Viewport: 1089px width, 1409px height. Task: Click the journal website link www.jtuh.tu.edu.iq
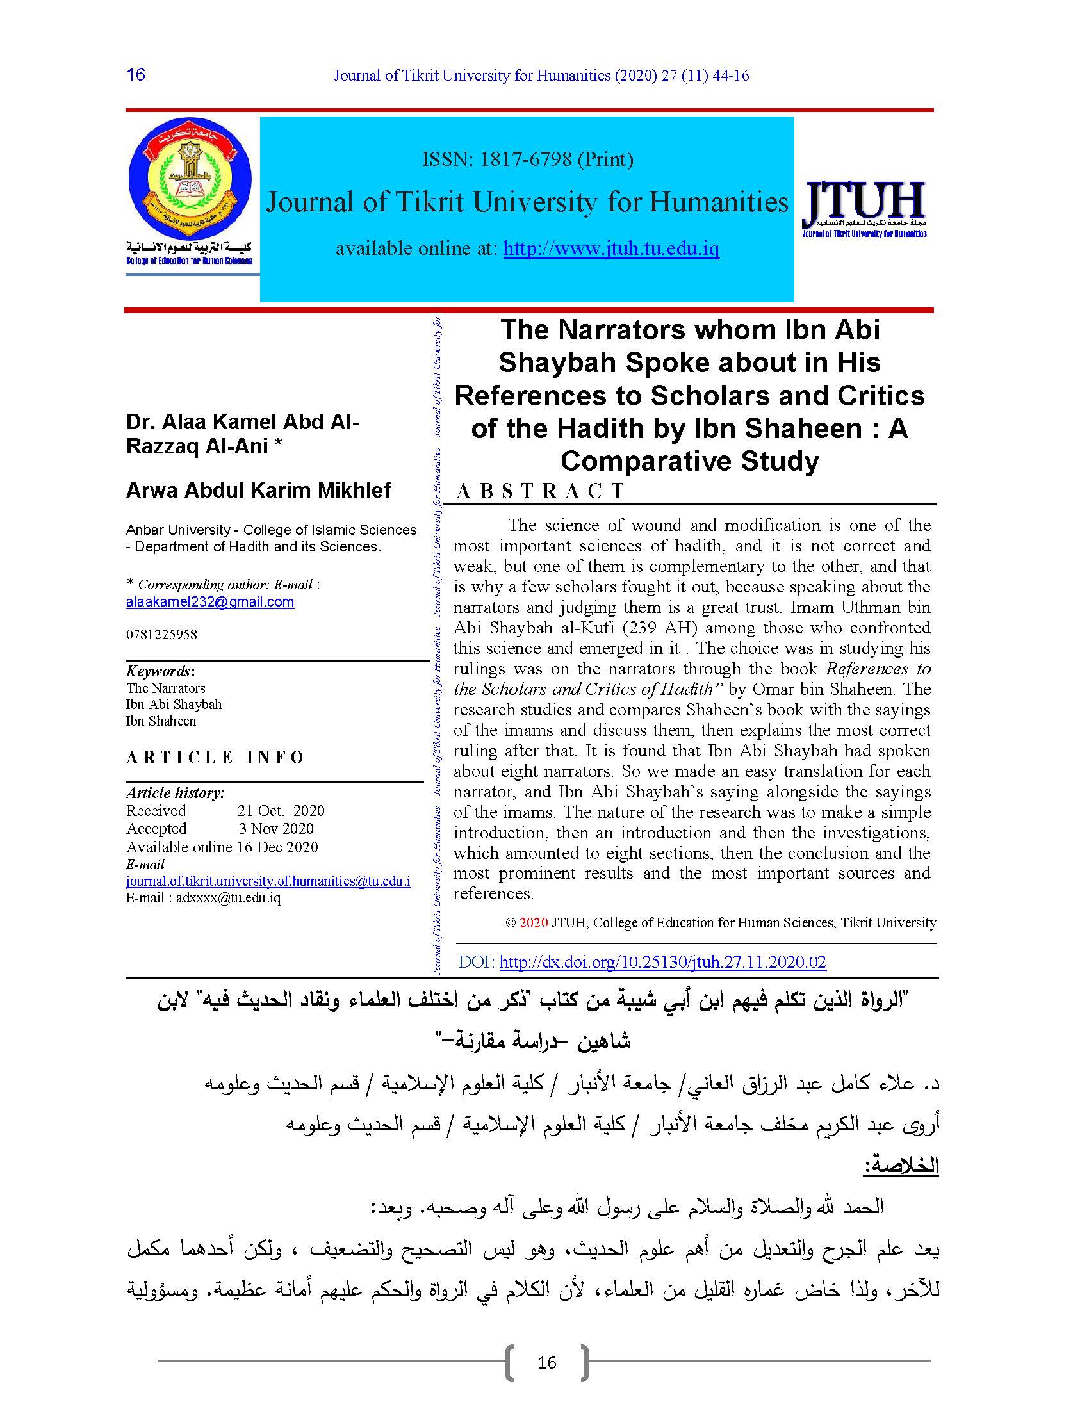pos(610,248)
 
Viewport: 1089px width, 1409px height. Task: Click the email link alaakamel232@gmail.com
pos(209,602)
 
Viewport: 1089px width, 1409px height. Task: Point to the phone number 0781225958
pos(161,634)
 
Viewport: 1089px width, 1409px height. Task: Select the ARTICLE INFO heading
pos(215,757)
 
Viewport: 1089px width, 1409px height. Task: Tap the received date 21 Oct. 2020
pos(281,811)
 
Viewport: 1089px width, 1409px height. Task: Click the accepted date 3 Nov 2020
pos(276,829)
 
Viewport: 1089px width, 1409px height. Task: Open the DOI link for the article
pos(662,962)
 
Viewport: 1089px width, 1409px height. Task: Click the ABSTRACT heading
pos(540,492)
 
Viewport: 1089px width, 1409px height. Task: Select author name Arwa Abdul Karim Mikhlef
pos(258,491)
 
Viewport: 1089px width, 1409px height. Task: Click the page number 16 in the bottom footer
pos(546,1362)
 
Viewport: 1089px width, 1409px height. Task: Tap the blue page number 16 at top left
pos(136,75)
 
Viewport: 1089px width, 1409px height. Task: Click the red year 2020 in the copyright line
pos(533,922)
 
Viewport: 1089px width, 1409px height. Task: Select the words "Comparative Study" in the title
pos(689,461)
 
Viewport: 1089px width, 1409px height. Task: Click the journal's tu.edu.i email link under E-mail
pos(268,881)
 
